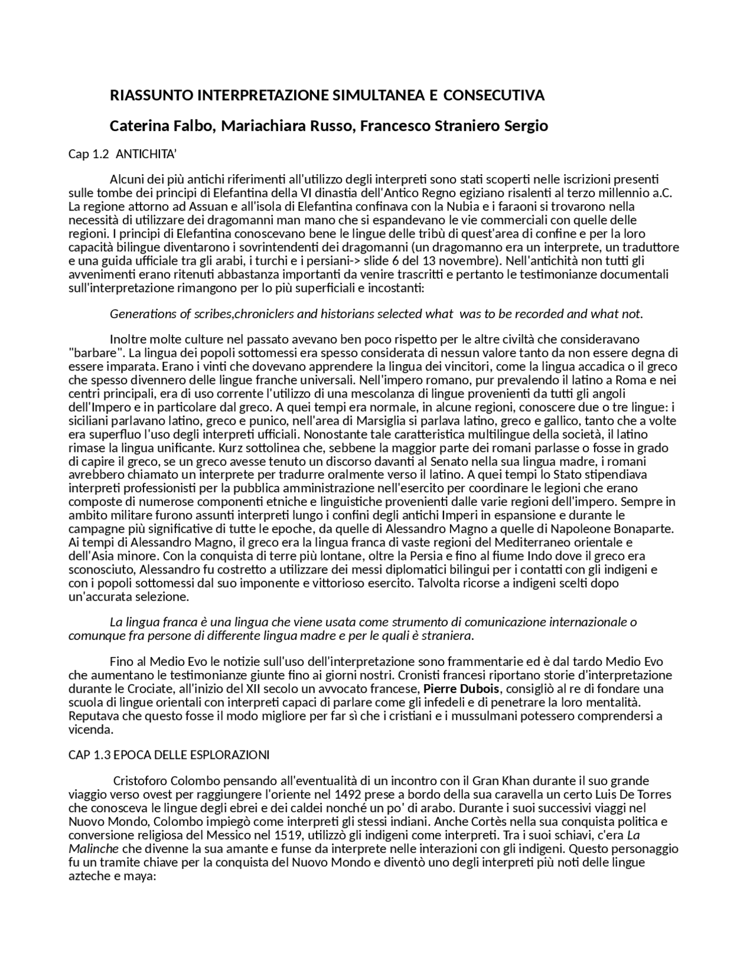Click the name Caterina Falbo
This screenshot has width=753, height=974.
pos(162,126)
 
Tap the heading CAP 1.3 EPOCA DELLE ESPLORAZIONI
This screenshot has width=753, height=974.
pos(169,755)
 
